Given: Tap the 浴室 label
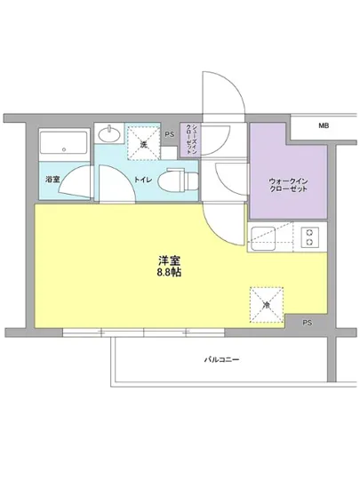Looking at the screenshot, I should point(52,180).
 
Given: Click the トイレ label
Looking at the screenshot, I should point(141,180).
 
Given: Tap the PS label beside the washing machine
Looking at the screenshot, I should point(170,134).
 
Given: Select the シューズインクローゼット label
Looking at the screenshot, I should point(188,140).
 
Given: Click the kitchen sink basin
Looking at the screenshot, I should point(268,237).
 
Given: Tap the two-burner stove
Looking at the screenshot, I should point(308,237).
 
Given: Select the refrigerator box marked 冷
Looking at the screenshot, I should point(266,302).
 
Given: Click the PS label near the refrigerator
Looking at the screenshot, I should point(307,322).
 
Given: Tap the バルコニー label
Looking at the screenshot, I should point(222,360).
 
